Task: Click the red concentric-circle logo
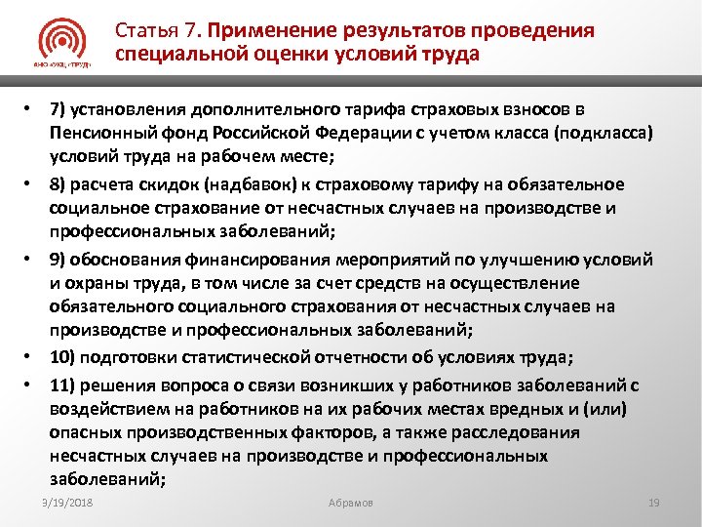coord(65,42)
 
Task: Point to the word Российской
coord(242,131)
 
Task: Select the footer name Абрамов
coord(351,502)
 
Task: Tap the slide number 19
coord(654,502)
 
